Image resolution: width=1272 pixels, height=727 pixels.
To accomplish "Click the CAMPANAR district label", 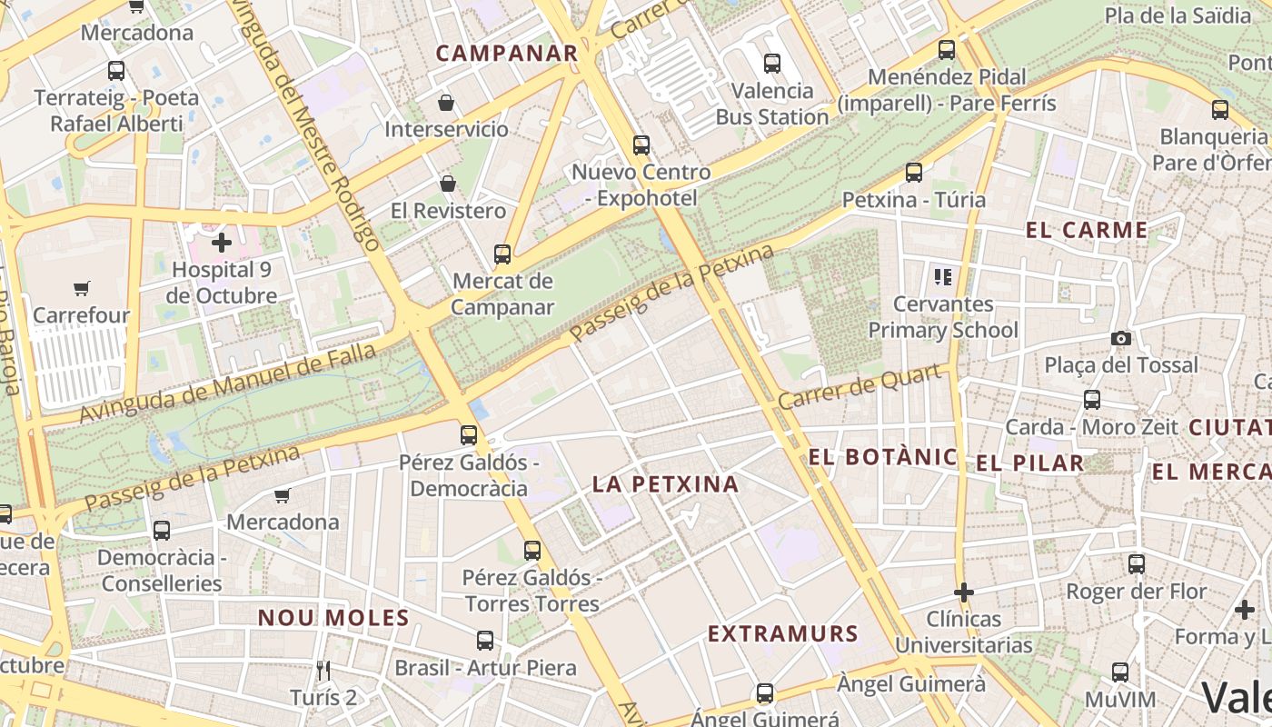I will (506, 54).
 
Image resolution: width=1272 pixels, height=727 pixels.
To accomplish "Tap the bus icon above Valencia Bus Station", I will (772, 64).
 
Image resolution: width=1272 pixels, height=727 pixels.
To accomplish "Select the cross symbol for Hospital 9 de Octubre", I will (222, 243).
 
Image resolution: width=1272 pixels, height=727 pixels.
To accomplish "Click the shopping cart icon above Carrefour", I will (82, 289).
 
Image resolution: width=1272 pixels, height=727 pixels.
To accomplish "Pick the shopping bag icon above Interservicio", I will (445, 103).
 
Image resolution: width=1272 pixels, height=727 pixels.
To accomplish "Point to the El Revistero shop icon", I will (448, 184).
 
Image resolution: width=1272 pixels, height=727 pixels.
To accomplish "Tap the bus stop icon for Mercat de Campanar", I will (502, 254).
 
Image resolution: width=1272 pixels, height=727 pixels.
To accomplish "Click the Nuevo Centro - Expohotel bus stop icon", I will (641, 145).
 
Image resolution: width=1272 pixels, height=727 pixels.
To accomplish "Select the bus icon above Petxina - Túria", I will (914, 173).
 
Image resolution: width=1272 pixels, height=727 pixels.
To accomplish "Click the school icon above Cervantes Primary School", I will (942, 276).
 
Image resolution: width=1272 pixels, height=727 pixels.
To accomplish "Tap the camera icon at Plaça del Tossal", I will (1121, 339).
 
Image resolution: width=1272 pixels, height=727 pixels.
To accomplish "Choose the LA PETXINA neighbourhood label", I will (665, 484).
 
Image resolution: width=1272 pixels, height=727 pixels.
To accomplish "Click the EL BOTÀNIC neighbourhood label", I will (882, 457).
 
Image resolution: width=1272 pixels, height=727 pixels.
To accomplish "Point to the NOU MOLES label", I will (333, 618).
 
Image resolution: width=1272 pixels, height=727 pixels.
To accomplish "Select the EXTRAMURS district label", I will (782, 633).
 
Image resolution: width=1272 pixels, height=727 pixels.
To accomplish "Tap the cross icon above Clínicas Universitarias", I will (963, 593).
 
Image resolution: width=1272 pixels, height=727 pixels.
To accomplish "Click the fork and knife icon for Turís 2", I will (324, 671).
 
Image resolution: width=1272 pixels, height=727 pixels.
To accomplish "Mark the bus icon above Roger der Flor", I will (1136, 564).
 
